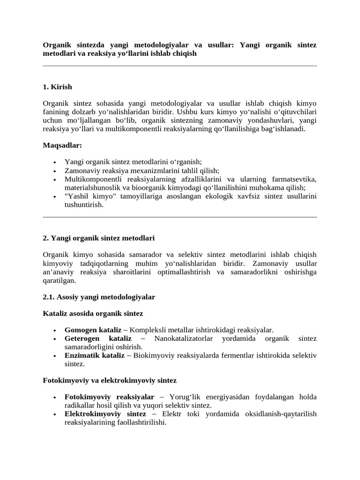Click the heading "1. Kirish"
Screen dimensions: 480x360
click(x=57, y=87)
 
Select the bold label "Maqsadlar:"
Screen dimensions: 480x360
click(x=62, y=146)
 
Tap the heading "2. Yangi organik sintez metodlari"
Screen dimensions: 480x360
click(x=98, y=238)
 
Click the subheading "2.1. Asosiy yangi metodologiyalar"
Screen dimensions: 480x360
click(x=99, y=297)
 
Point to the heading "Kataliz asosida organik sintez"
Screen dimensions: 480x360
click(x=93, y=313)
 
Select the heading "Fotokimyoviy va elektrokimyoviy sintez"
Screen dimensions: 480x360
click(x=109, y=380)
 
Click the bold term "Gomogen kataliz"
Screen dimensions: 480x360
click(x=93, y=330)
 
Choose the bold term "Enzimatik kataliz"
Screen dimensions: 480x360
click(x=94, y=355)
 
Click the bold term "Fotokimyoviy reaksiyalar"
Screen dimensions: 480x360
click(x=109, y=397)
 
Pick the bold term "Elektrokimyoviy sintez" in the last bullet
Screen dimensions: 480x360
click(x=105, y=414)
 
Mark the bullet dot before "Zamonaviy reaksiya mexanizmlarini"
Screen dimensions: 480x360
click(x=55, y=172)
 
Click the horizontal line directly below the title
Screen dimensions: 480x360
click(x=180, y=66)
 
